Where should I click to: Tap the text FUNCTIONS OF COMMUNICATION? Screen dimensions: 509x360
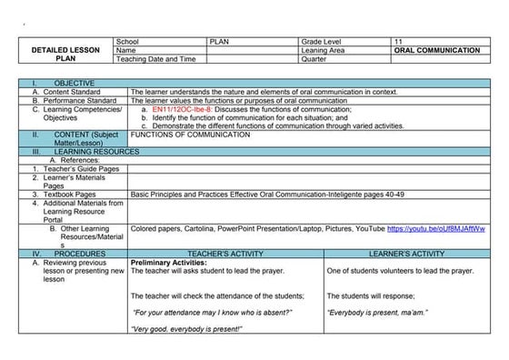190,135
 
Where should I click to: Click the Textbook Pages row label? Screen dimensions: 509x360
66,194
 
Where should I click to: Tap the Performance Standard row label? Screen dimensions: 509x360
79,100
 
